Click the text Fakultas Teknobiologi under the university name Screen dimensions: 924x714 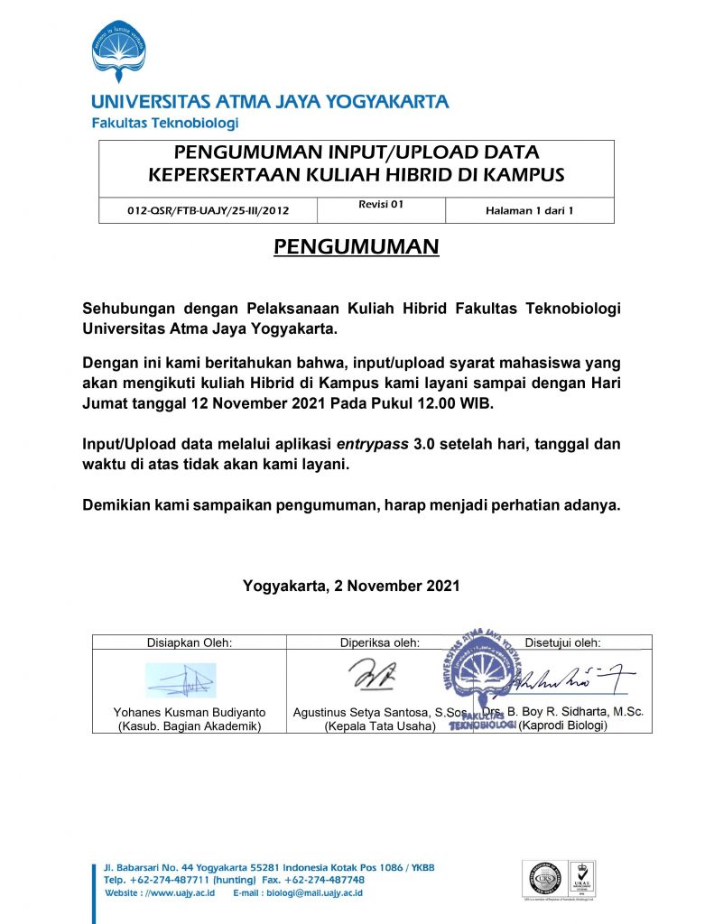164,123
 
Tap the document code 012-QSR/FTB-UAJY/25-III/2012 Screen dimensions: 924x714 207,212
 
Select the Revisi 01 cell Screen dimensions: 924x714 380,205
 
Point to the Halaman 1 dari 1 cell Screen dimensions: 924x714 529,212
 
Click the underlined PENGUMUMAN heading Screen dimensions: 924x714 357,246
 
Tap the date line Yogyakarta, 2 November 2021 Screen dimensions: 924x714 351,586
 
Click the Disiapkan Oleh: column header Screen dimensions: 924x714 190,642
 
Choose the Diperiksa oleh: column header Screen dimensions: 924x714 380,642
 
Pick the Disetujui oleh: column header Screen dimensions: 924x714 562,642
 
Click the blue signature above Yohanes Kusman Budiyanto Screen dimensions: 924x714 181,679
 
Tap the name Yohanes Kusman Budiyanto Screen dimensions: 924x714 189,713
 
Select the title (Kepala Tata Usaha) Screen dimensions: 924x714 379,725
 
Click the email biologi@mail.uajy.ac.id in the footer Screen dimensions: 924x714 298,892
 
